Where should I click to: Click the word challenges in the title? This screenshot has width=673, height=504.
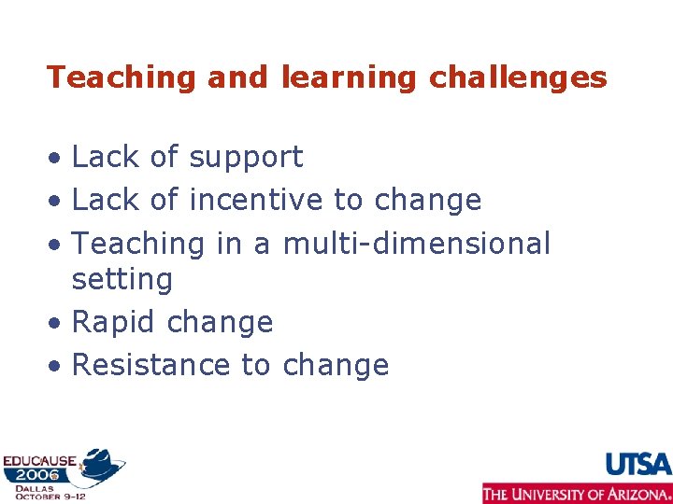(x=518, y=77)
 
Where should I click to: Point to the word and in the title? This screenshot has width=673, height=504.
(x=237, y=77)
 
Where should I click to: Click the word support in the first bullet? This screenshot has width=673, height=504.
(x=246, y=158)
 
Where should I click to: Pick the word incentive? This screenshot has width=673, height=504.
(x=257, y=200)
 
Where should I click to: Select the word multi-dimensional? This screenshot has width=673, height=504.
(x=417, y=244)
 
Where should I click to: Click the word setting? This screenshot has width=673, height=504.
(x=122, y=279)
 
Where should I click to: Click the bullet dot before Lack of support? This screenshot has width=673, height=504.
(x=56, y=159)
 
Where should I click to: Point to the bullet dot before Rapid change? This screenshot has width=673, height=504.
(x=56, y=324)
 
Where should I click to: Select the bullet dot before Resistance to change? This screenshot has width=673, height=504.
(x=56, y=366)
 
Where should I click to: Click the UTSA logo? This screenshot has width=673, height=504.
(x=638, y=464)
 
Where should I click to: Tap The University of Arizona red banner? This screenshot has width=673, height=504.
(x=577, y=493)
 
